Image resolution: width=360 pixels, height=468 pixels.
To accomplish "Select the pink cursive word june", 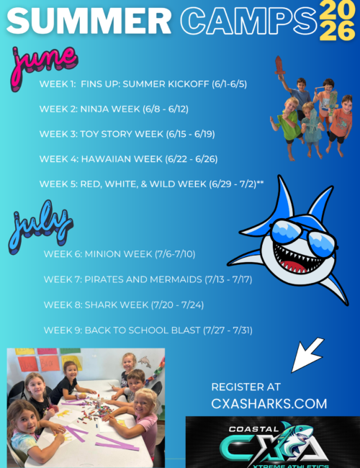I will click(45, 60).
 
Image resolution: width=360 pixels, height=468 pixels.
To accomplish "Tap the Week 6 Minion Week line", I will click(120, 254).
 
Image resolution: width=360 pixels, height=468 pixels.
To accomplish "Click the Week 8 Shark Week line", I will click(124, 305).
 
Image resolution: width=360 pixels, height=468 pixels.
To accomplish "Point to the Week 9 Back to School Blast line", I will click(148, 330).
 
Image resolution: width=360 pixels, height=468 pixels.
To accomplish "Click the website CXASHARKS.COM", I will click(269, 403).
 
